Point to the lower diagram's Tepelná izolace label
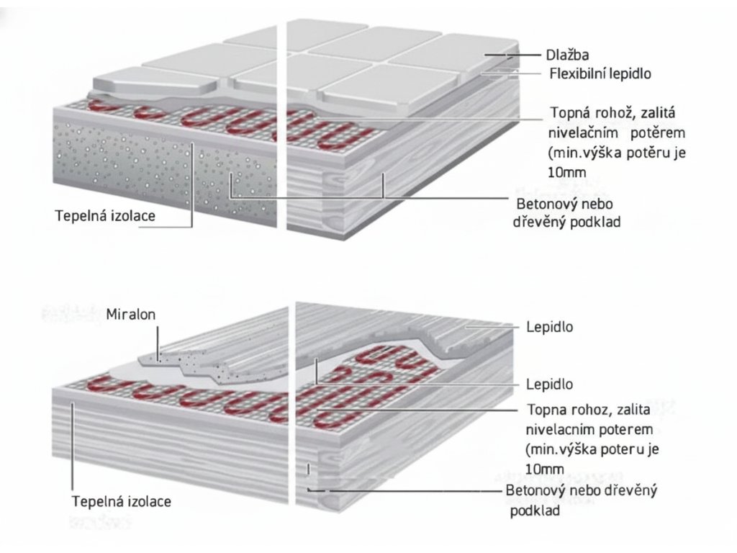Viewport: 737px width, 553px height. click(x=122, y=500)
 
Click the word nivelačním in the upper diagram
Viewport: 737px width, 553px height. click(x=582, y=134)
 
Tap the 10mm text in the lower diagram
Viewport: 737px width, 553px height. click(x=545, y=469)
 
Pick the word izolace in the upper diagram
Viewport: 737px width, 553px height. click(x=133, y=215)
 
